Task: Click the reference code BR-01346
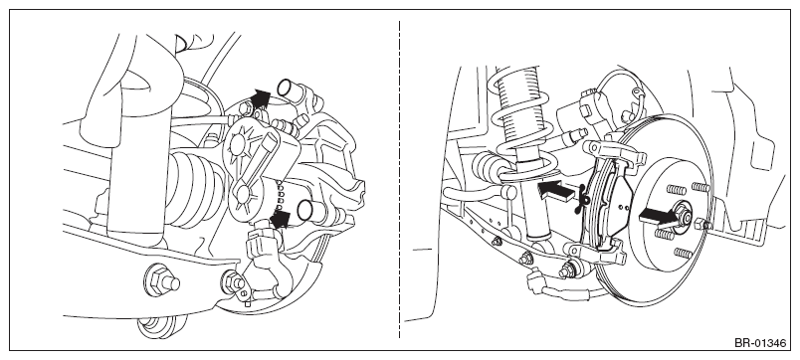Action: tap(760, 343)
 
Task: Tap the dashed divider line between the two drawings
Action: tap(399, 179)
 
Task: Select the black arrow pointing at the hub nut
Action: tap(658, 217)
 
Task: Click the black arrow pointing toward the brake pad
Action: tap(557, 191)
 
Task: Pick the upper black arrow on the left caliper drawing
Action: tap(261, 98)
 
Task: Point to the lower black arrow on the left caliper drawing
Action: tap(280, 219)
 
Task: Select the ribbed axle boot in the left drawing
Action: tap(194, 189)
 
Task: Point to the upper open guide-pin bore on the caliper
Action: tap(287, 88)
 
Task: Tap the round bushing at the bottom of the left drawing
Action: tap(156, 327)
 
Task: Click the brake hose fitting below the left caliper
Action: tap(262, 245)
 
